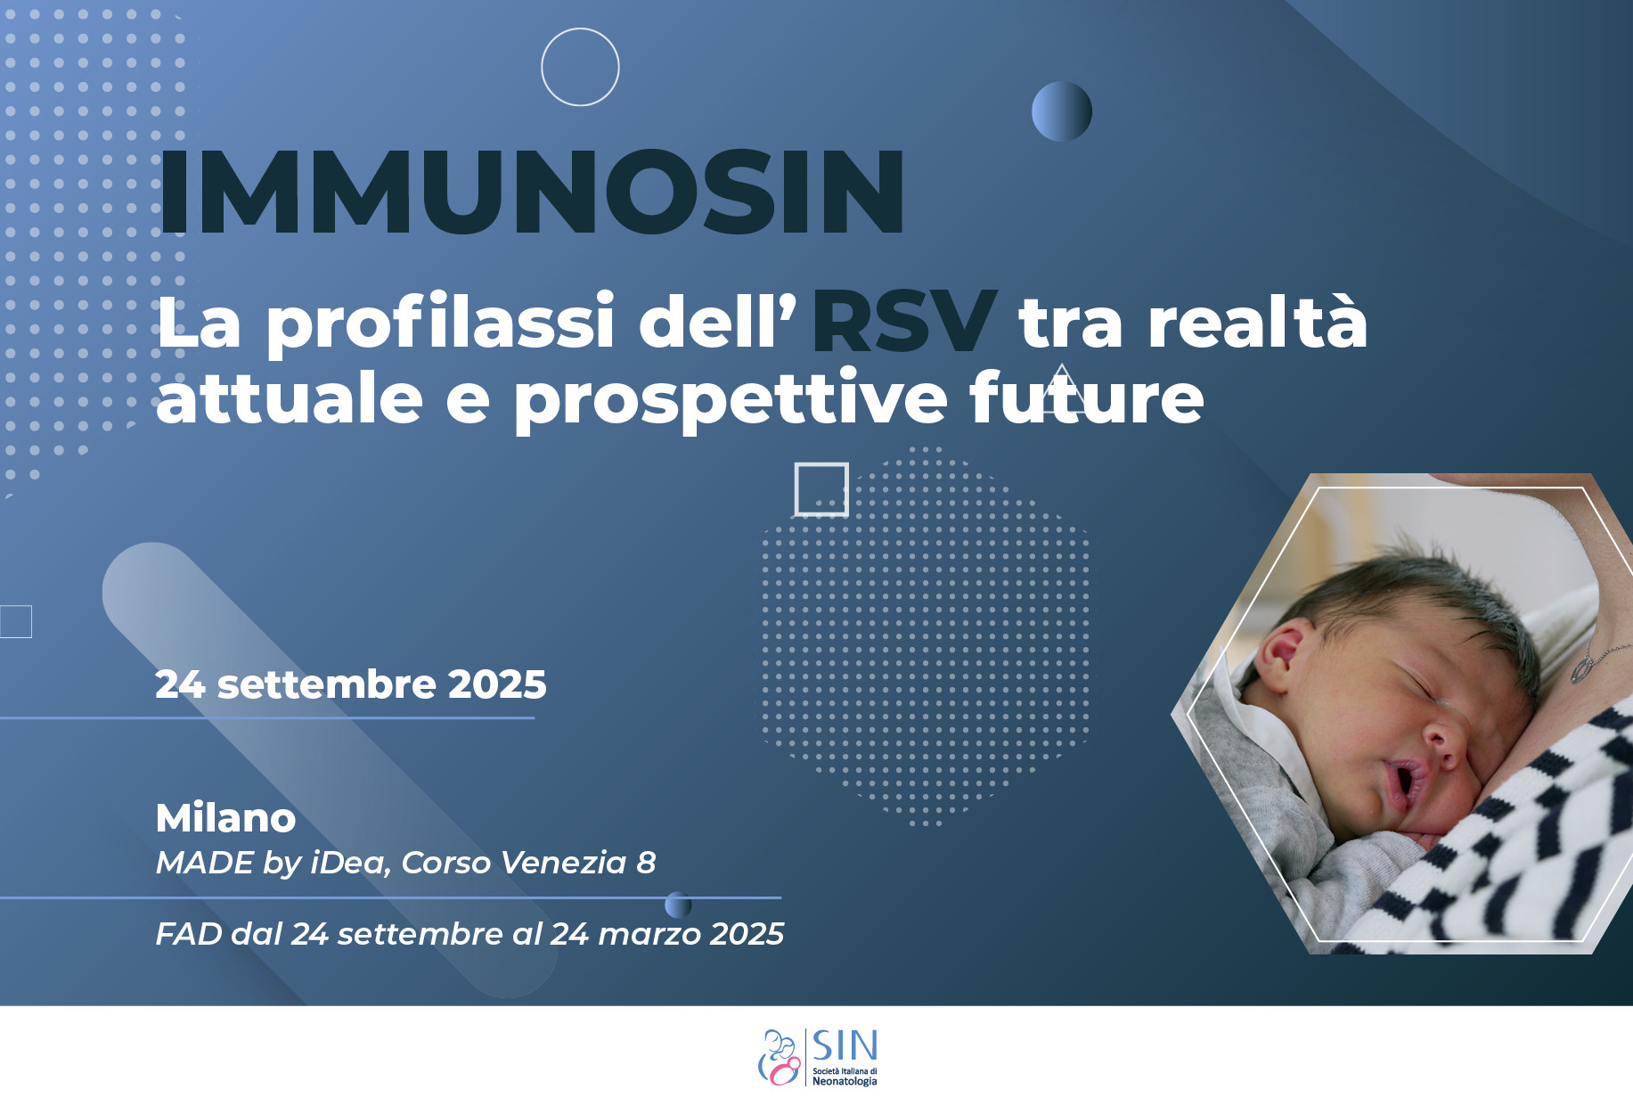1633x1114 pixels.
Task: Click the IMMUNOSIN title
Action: (x=532, y=192)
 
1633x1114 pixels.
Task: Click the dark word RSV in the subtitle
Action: (x=903, y=321)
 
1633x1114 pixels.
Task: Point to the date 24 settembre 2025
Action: (x=351, y=684)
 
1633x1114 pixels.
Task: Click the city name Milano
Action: (x=225, y=818)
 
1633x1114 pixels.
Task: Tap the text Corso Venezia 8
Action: (x=528, y=863)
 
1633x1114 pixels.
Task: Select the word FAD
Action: (x=189, y=934)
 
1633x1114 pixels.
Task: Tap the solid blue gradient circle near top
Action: (x=1062, y=111)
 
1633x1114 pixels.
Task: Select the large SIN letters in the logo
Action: (x=845, y=1045)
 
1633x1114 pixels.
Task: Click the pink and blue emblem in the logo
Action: (x=780, y=1058)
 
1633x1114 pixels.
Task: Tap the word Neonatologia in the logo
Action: (x=845, y=1081)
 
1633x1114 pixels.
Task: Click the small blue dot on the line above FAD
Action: (x=678, y=905)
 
